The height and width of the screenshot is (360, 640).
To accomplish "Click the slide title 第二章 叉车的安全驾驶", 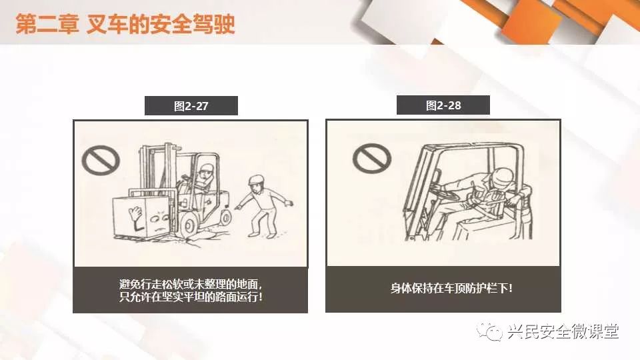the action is tap(125, 24).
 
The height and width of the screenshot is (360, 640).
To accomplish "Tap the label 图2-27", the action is tap(191, 106).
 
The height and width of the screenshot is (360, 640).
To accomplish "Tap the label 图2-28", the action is tap(443, 106).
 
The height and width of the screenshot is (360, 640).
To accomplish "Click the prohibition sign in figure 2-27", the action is tap(101, 160).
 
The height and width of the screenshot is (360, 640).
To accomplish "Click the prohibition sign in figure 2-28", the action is tap(372, 159).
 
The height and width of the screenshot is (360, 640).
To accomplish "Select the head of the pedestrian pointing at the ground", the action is tap(256, 185).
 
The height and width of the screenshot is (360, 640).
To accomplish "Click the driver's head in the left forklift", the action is tap(205, 173).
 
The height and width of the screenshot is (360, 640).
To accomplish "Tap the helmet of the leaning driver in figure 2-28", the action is tap(503, 177).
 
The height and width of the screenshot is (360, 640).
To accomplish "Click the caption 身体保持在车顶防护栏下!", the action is tap(451, 289).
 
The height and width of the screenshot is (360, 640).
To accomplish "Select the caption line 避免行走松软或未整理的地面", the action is tap(191, 284).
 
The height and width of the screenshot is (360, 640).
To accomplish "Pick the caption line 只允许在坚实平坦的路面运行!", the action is tap(191, 297).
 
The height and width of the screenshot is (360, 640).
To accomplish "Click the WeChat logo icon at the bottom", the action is tap(489, 331).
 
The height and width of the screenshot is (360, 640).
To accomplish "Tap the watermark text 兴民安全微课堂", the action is tap(563, 331).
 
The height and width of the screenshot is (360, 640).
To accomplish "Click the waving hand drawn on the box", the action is tap(135, 213).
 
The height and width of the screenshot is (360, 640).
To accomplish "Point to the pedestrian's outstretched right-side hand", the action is tap(289, 203).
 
